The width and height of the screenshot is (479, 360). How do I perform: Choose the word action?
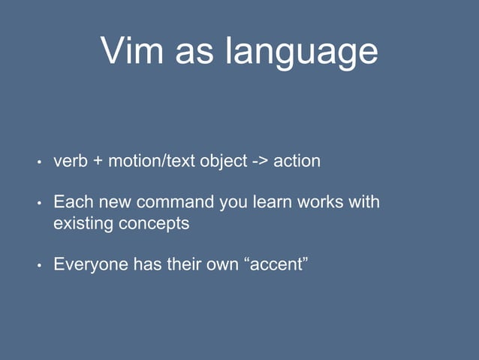tap(297, 162)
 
